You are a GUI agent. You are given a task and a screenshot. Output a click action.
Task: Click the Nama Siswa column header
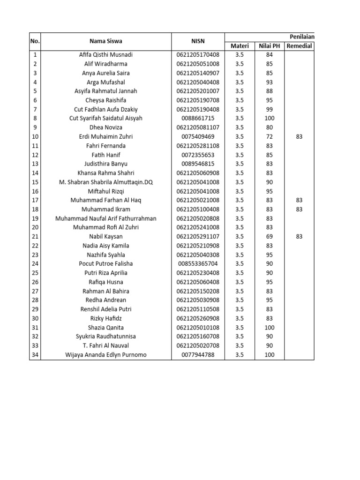pyautogui.click(x=105, y=41)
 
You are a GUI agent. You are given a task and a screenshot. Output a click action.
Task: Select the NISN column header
pyautogui.click(x=198, y=41)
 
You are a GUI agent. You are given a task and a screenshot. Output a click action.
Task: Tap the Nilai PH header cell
pyautogui.click(x=269, y=46)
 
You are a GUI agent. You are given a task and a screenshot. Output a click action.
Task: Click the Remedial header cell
pyautogui.click(x=299, y=46)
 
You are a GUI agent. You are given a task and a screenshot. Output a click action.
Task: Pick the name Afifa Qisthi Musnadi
pyautogui.click(x=105, y=55)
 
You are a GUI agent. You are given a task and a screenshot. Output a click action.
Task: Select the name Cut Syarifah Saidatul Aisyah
pyautogui.click(x=105, y=118)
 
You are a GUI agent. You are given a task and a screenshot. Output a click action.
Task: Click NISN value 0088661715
pyautogui.click(x=198, y=118)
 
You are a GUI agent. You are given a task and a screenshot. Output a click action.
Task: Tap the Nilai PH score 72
pyautogui.click(x=269, y=136)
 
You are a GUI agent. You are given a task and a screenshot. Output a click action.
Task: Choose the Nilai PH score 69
pyautogui.click(x=269, y=237)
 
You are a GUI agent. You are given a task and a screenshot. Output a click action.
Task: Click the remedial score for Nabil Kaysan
pyautogui.click(x=299, y=237)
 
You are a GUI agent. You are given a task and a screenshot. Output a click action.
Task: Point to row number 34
pyautogui.click(x=35, y=355)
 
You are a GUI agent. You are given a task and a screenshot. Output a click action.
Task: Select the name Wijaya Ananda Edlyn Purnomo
pyautogui.click(x=105, y=355)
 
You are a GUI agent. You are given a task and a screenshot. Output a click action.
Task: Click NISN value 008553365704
pyautogui.click(x=198, y=264)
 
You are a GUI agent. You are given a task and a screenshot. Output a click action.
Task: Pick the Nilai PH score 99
pyautogui.click(x=269, y=109)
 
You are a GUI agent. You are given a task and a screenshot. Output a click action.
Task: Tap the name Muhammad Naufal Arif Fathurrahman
pyautogui.click(x=105, y=218)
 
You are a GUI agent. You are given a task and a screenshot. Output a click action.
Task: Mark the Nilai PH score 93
pyautogui.click(x=269, y=82)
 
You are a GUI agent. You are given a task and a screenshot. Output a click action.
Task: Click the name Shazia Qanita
pyautogui.click(x=105, y=328)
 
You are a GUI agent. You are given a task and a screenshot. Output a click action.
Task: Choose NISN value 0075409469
pyautogui.click(x=198, y=136)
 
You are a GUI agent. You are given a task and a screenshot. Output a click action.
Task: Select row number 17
pyautogui.click(x=35, y=200)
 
